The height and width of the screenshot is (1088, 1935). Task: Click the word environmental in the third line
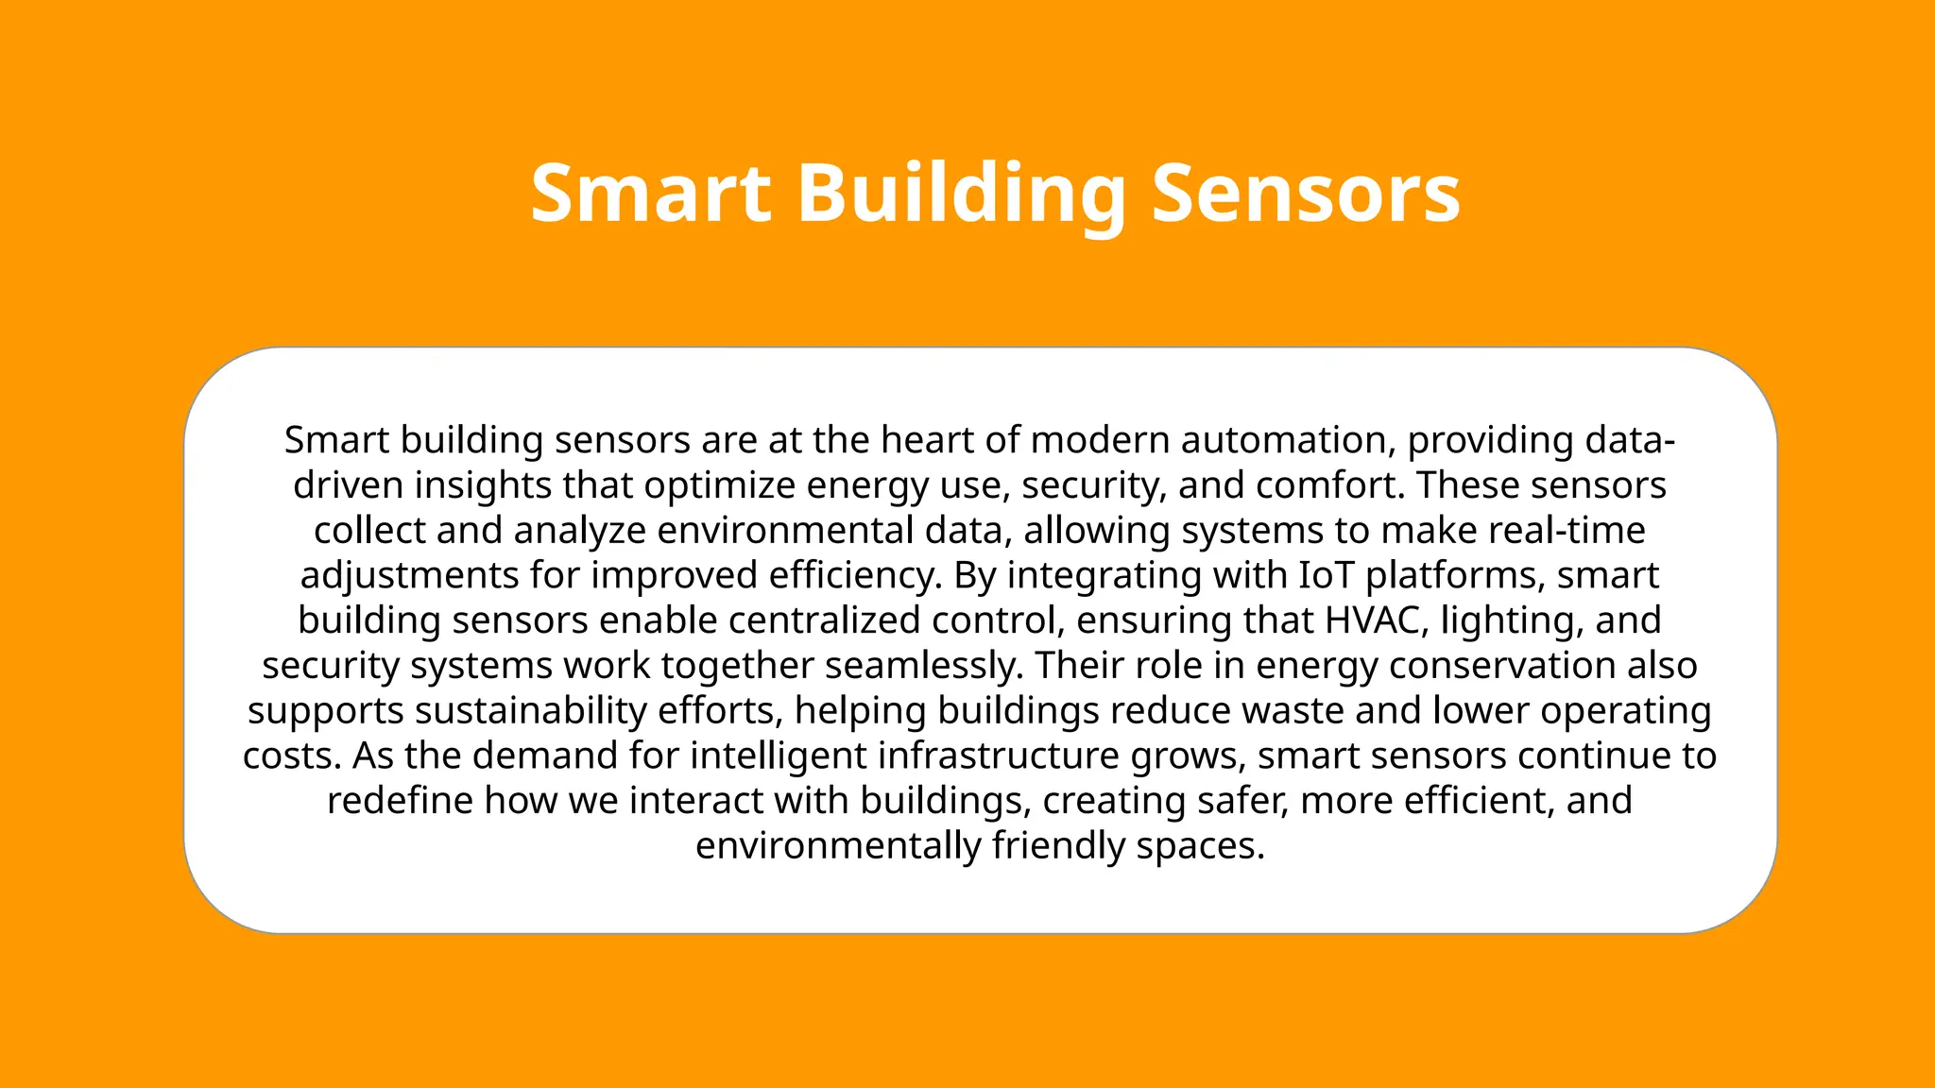tap(785, 530)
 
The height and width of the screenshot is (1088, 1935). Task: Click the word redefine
tap(400, 801)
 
